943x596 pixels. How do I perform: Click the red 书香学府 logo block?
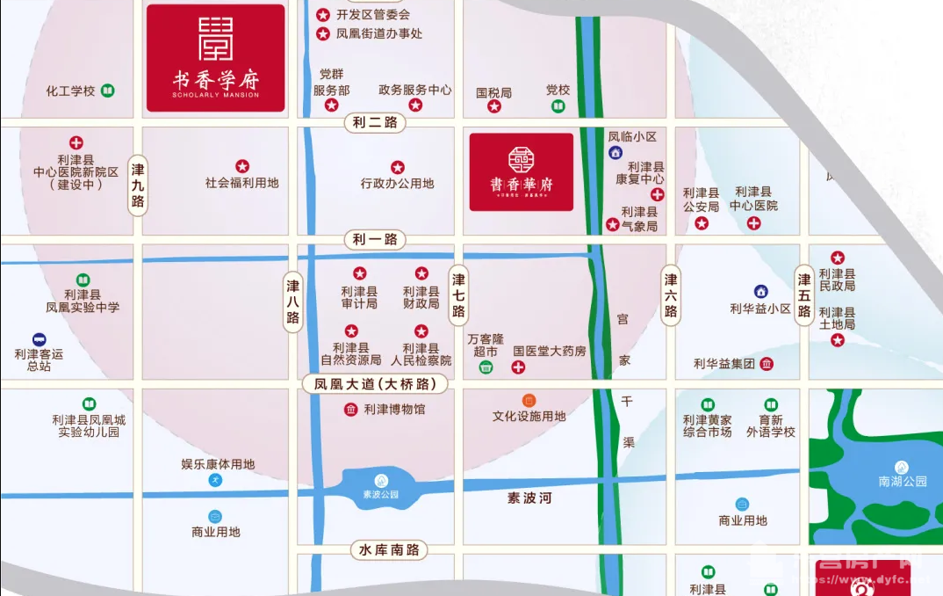point(215,58)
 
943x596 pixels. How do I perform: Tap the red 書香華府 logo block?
point(521,172)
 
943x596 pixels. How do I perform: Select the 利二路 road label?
point(371,122)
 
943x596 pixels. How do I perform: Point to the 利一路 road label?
point(375,239)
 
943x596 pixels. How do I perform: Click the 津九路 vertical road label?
point(138,185)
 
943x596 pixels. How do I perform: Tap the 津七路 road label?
point(458,295)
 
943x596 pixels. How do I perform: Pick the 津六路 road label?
point(671,295)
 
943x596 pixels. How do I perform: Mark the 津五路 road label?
point(803,295)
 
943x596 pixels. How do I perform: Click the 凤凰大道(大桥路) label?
point(375,384)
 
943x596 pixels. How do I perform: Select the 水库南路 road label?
point(389,550)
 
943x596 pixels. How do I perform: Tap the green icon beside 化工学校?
point(107,91)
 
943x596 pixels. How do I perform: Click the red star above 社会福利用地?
point(242,166)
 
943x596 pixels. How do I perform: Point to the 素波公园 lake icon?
point(380,480)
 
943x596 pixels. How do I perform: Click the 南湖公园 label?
point(902,482)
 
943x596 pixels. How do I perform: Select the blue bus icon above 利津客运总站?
point(39,339)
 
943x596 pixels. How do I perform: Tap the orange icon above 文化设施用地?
point(529,400)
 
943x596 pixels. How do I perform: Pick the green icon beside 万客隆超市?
point(486,367)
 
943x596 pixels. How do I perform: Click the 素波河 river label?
point(529,498)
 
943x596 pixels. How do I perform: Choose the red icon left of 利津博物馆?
point(351,409)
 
